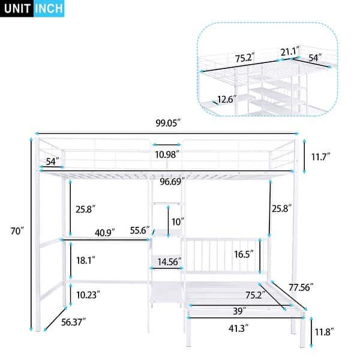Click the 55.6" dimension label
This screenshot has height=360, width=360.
tap(140, 230)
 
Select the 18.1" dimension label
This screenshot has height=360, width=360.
tap(86, 261)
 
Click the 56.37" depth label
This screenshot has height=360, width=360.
tap(73, 322)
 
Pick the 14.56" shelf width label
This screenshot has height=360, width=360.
tap(170, 262)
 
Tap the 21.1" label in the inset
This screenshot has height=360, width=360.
tap(288, 52)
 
